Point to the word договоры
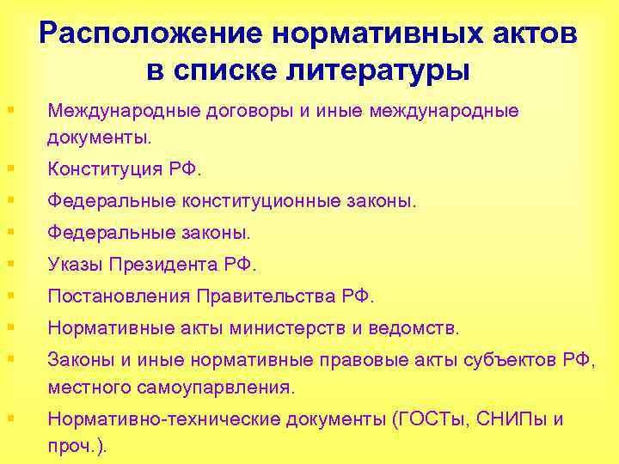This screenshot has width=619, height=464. [232, 112]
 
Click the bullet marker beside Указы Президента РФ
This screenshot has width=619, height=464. [10, 263]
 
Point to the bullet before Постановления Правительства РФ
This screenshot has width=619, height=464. [10, 296]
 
